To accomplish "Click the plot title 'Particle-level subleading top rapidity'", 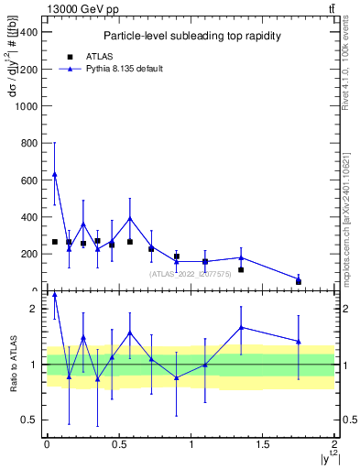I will tap(191, 36).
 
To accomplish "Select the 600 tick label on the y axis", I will tap(29, 180).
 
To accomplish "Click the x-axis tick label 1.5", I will tap(263, 444).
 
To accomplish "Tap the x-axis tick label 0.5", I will tap(118, 444).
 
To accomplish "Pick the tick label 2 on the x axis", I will tap(334, 444).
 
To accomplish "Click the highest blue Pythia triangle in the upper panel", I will tap(55, 174).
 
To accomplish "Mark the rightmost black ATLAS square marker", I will tap(299, 282).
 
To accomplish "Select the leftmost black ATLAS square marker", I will tap(55, 242).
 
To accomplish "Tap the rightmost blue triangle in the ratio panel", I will tap(299, 342).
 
